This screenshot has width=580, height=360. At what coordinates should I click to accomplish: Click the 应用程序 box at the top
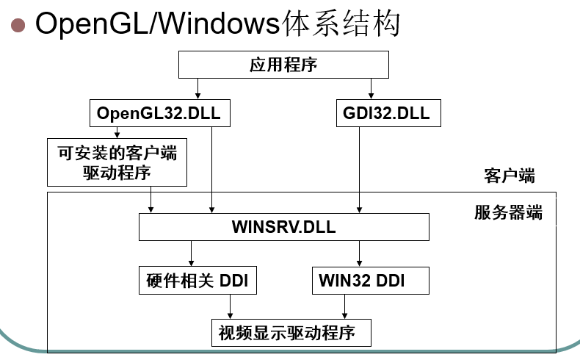(283, 65)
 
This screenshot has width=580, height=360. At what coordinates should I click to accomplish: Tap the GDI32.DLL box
(386, 114)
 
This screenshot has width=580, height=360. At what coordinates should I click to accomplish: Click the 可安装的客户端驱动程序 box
(117, 162)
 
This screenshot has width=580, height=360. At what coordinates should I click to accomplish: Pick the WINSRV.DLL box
(283, 227)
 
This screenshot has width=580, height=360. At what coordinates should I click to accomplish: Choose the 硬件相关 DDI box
(198, 280)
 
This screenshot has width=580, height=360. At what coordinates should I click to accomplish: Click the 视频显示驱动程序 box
(290, 332)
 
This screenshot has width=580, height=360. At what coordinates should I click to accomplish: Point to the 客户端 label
(509, 176)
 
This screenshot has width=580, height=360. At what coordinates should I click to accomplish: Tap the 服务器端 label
(508, 213)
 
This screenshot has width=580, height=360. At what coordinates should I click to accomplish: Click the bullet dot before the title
(18, 24)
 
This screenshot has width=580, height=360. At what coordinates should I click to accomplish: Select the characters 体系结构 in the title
(341, 24)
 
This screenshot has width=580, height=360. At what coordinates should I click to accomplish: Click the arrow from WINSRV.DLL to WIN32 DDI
(360, 253)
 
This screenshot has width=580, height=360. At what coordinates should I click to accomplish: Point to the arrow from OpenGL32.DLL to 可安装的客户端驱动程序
(117, 132)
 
